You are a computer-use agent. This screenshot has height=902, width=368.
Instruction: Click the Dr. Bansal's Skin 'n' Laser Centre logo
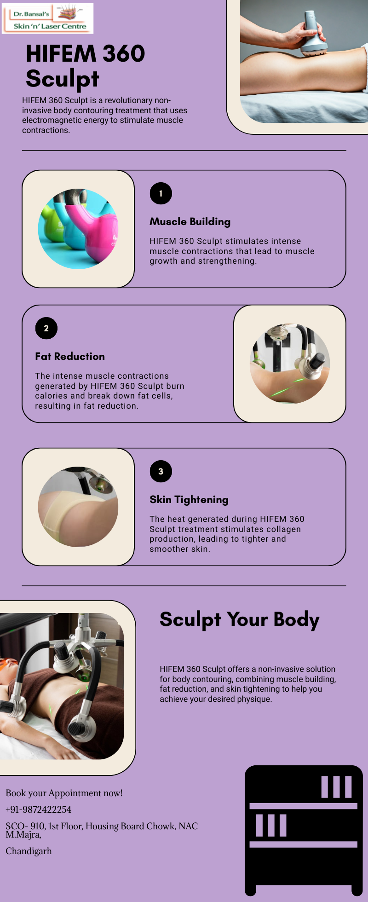pyautogui.click(x=48, y=18)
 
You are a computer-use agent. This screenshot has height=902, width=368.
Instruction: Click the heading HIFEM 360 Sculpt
pyautogui.click(x=86, y=66)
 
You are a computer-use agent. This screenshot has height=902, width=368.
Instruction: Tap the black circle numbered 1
pyautogui.click(x=161, y=193)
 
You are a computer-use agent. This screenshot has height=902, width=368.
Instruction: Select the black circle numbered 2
pyautogui.click(x=46, y=328)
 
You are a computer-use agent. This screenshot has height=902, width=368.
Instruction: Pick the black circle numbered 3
pyautogui.click(x=161, y=471)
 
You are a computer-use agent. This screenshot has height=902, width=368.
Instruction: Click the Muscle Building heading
pyautogui.click(x=190, y=222)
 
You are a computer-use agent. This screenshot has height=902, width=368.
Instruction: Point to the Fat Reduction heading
pyautogui.click(x=70, y=356)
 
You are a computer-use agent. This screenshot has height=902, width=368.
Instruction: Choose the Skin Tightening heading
pyautogui.click(x=189, y=500)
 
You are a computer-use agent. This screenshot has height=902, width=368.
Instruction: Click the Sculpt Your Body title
pyautogui.click(x=240, y=620)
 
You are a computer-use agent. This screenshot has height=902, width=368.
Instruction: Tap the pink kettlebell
pyautogui.click(x=94, y=232)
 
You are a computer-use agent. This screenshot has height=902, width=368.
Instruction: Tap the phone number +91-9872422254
pyautogui.click(x=39, y=809)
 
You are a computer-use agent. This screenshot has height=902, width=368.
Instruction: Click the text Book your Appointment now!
pyautogui.click(x=64, y=793)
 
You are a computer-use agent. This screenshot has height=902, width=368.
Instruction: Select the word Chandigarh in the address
pyautogui.click(x=29, y=851)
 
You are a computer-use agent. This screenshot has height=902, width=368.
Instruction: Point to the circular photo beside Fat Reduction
pyautogui.click(x=290, y=364)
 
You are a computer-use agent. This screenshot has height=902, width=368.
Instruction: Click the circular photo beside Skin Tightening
pyautogui.click(x=78, y=507)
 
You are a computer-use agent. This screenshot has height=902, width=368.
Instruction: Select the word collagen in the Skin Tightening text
pyautogui.click(x=283, y=529)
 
